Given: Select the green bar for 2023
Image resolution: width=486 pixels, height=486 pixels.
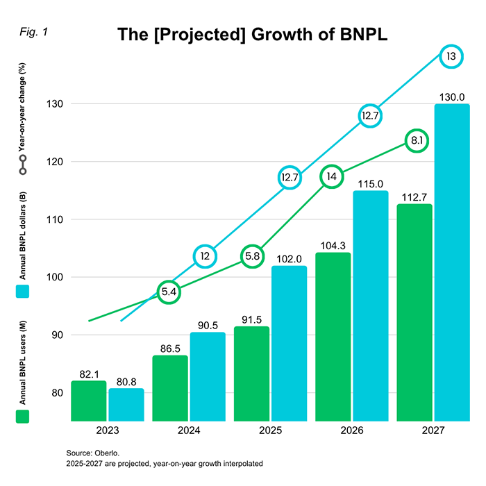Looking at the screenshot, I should point(88,401).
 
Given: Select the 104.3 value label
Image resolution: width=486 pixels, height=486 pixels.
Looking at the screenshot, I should point(333,246).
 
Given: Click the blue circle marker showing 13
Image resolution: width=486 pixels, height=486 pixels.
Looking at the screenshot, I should point(451,57).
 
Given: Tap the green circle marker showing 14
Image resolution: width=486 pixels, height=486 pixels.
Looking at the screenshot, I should point(332,176).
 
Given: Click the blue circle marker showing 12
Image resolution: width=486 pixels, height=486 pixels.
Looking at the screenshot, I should point(206,256).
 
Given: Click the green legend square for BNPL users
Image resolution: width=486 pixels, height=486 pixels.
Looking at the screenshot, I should point(22,416).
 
